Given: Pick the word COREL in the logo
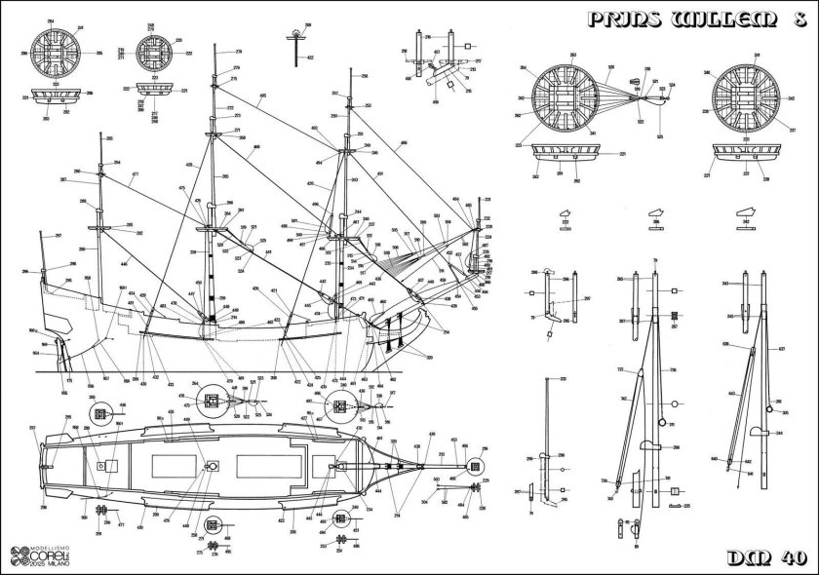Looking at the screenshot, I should (x=44, y=553).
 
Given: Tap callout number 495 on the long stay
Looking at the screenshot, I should (x=263, y=96).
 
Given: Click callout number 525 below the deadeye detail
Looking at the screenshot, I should (x=660, y=136).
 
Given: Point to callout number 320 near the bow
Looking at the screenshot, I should (x=430, y=360).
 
